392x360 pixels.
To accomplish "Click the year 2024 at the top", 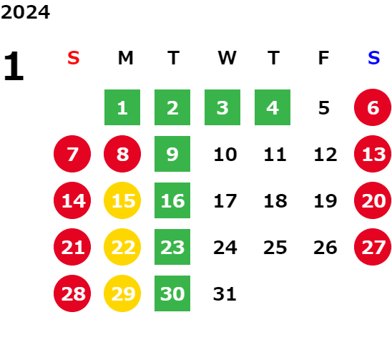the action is (25, 12).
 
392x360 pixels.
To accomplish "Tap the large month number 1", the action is (14, 66).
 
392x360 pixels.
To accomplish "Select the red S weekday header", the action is (74, 58).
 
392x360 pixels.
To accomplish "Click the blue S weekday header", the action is (373, 58).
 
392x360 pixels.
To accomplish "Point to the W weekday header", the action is (227, 58).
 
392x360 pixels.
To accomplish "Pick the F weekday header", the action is (323, 58).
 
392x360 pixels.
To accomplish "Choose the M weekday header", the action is (125, 58).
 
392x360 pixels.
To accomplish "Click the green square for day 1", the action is (122, 107).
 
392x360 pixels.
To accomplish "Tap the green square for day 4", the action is (273, 107).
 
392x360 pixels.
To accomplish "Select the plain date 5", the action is (324, 108).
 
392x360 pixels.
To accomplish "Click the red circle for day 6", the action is (373, 107).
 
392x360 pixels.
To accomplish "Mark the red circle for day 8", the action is (122, 154).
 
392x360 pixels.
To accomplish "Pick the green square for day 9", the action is (172, 154).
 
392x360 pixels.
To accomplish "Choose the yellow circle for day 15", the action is (122, 200).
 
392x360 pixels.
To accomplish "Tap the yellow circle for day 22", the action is (122, 247).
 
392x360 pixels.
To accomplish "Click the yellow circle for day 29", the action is (122, 293).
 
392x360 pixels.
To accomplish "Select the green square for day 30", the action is (172, 293).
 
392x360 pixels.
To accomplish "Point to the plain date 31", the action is (225, 293).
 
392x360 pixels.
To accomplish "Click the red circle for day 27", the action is (373, 247).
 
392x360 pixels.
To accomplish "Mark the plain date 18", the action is (275, 200).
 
